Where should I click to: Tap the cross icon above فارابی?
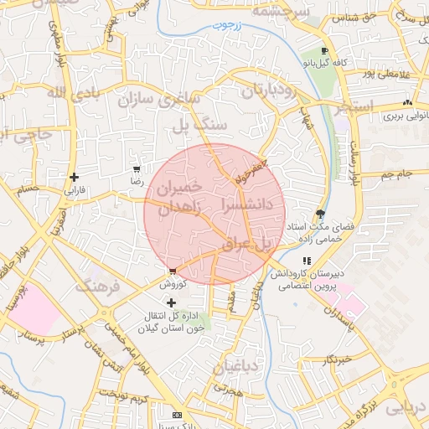75,177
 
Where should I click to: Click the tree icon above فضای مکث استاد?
320,214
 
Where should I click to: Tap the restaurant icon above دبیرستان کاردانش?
308,261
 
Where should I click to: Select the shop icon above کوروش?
172,271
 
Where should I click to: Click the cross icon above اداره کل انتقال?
172,302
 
